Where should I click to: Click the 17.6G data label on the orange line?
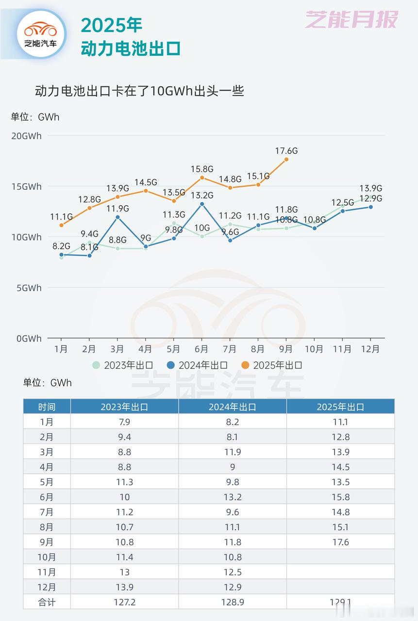[286, 151]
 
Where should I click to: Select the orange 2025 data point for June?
[202, 178]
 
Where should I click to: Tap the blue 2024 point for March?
[117, 217]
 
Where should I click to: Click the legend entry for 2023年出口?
[124, 365]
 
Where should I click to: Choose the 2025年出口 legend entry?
[272, 365]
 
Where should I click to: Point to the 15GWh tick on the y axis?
[26, 187]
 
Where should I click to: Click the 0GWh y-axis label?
[29, 339]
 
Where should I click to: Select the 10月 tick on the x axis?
[314, 349]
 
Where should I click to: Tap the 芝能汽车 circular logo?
[41, 33]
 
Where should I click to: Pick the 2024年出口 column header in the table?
[233, 407]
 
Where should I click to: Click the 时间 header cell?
[47, 407]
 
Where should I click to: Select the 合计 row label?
[47, 602]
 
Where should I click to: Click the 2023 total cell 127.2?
[125, 602]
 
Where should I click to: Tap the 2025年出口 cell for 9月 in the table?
[340, 542]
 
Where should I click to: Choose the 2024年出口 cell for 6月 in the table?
[233, 497]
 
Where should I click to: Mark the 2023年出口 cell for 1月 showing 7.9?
[125, 422]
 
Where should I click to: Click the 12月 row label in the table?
[47, 587]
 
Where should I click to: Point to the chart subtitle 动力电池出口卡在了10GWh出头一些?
[139, 91]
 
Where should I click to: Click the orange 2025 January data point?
[61, 225]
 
